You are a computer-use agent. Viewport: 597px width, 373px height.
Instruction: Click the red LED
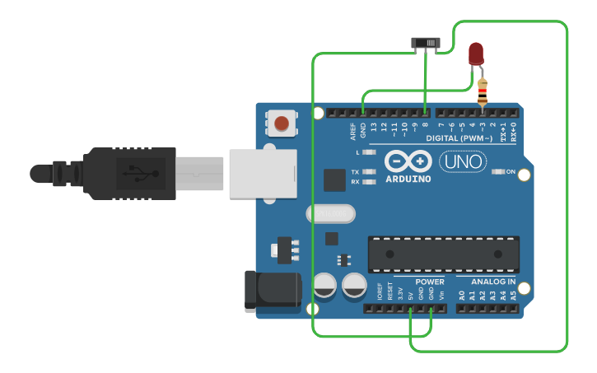pyautogui.click(x=476, y=54)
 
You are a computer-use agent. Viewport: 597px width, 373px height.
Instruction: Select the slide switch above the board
pyautogui.click(x=426, y=43)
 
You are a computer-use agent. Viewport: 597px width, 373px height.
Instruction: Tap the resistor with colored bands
pyautogui.click(x=483, y=91)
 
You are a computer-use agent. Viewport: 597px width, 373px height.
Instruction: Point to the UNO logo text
pyautogui.click(x=463, y=162)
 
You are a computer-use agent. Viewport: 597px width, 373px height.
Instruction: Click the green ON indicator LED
pyautogui.click(x=497, y=172)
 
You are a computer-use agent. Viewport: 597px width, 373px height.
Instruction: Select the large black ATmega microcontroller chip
pyautogui.click(x=444, y=254)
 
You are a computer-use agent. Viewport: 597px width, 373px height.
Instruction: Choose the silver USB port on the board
pyautogui.click(x=261, y=173)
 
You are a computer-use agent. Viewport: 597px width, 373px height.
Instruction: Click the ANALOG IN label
pyautogui.click(x=493, y=282)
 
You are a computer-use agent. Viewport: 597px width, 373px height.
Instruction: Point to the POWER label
pyautogui.click(x=429, y=282)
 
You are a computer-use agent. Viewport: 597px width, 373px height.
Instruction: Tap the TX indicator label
pyautogui.click(x=355, y=172)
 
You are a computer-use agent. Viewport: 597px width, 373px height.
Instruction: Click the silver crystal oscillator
pyautogui.click(x=330, y=213)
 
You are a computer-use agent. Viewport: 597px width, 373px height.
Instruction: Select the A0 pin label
pyautogui.click(x=462, y=295)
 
